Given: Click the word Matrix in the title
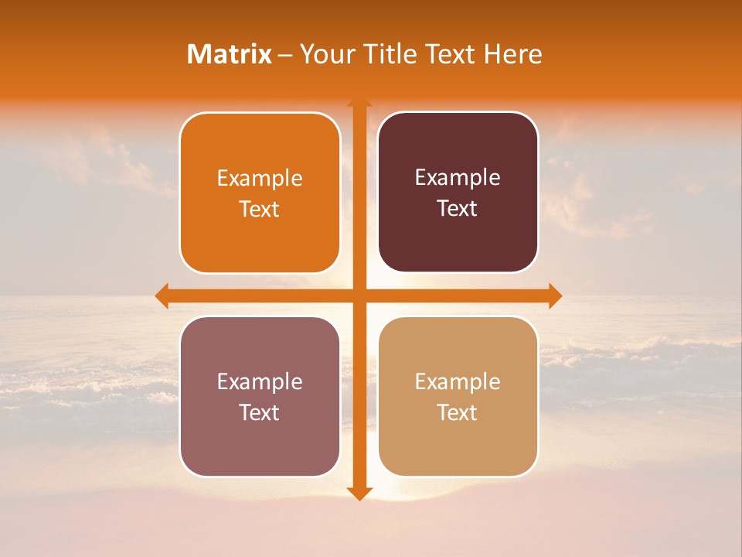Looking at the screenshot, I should pyautogui.click(x=229, y=54).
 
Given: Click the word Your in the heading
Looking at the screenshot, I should pyautogui.click(x=325, y=54).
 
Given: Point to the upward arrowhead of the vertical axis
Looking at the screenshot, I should pyautogui.click(x=359, y=104).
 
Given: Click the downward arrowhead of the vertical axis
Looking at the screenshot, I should pyautogui.click(x=359, y=493).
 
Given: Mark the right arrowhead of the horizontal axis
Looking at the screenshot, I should pyautogui.click(x=554, y=296).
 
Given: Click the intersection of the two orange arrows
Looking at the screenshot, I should pyautogui.click(x=359, y=296).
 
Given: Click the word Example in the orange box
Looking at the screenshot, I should pyautogui.click(x=260, y=179).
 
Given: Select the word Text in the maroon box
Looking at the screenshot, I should pyautogui.click(x=458, y=208).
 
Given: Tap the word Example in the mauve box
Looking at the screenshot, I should pyautogui.click(x=260, y=382).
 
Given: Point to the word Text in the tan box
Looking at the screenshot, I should pyautogui.click(x=458, y=412).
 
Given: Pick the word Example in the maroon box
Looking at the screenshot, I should pyautogui.click(x=458, y=178).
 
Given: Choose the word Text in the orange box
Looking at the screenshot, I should pyautogui.click(x=260, y=209).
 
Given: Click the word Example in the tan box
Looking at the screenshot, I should pyautogui.click(x=458, y=382).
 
